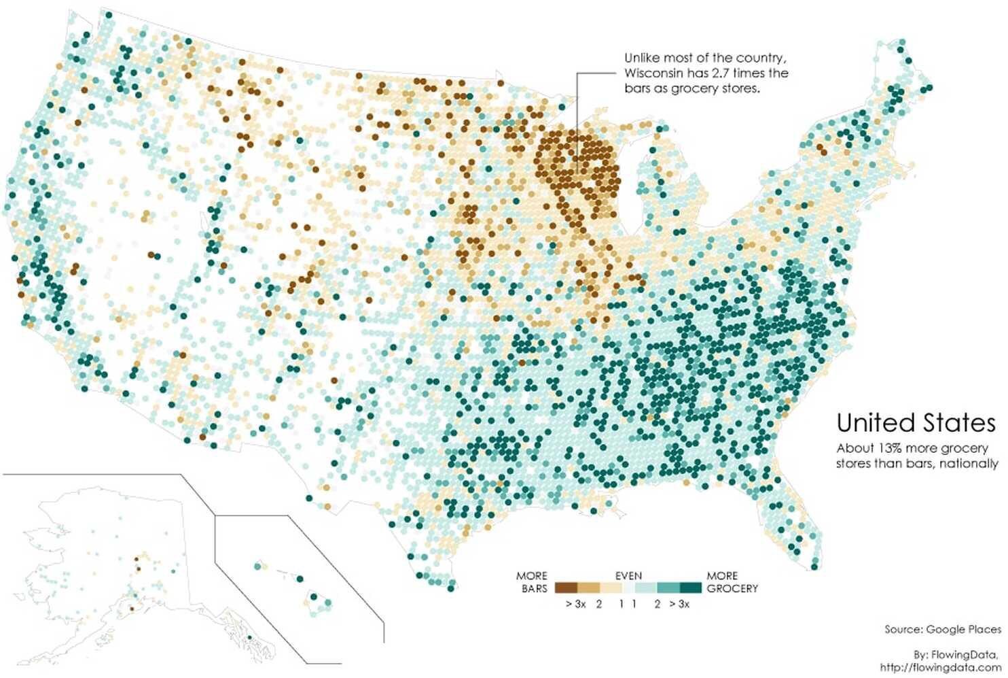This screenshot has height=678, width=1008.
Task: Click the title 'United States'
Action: tap(916, 423)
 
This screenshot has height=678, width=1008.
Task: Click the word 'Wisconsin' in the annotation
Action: tap(653, 73)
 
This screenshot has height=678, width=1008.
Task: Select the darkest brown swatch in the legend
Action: tap(566, 588)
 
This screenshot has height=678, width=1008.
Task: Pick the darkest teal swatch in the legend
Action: tap(691, 588)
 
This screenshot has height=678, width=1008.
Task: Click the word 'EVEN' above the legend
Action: tap(628, 575)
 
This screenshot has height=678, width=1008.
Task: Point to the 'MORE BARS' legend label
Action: tap(532, 582)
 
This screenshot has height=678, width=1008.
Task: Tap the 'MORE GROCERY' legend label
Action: tap(732, 582)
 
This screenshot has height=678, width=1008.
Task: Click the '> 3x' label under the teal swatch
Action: tap(679, 604)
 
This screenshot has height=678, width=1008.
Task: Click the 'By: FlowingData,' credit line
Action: tap(957, 654)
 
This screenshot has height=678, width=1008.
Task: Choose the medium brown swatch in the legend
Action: tap(589, 588)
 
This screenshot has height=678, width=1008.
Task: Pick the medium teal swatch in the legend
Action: tap(668, 588)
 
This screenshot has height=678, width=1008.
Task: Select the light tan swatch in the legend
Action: tap(611, 588)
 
